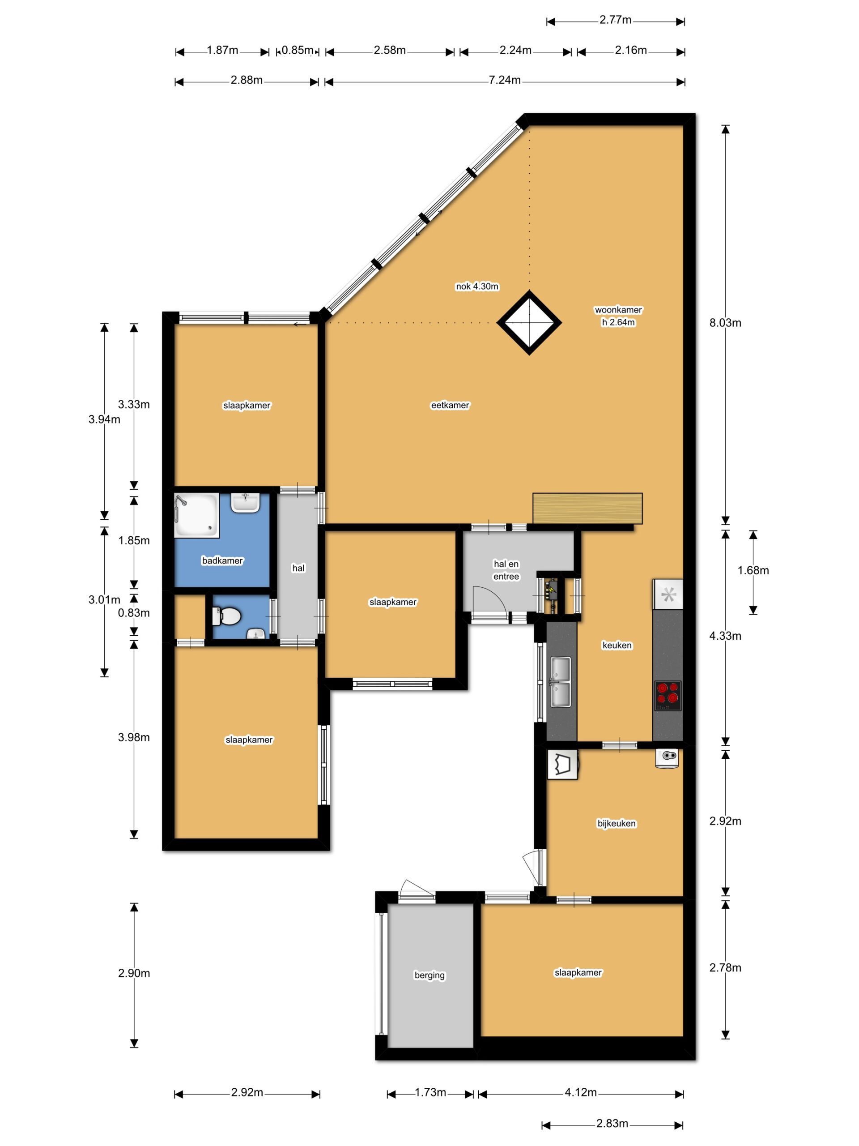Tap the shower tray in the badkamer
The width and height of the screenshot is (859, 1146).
pyautogui.click(x=197, y=515)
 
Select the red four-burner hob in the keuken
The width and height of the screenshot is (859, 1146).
pyautogui.click(x=668, y=695)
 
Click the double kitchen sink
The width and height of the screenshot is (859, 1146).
pyautogui.click(x=560, y=682)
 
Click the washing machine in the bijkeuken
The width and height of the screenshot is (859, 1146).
pyautogui.click(x=562, y=765)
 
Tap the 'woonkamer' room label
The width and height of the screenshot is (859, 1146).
pyautogui.click(x=618, y=310)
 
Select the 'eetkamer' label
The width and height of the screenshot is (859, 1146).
pyautogui.click(x=450, y=405)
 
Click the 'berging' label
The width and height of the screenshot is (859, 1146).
pyautogui.click(x=429, y=975)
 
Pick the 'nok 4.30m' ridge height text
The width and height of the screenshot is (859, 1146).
pyautogui.click(x=477, y=286)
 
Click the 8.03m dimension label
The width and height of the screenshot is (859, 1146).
pyautogui.click(x=725, y=323)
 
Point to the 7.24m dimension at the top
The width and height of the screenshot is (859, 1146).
pyautogui.click(x=505, y=80)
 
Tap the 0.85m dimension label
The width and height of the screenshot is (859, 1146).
pyautogui.click(x=297, y=50)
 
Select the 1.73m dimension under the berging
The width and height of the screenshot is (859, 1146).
pyautogui.click(x=430, y=1092)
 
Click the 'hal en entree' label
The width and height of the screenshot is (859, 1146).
pyautogui.click(x=506, y=570)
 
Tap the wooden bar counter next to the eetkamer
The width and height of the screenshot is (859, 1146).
pyautogui.click(x=587, y=508)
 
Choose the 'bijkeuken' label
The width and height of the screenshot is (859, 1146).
pyautogui.click(x=616, y=823)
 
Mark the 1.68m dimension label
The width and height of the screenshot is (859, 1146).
pyautogui.click(x=753, y=570)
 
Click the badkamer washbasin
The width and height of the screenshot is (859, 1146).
pyautogui.click(x=245, y=503)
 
